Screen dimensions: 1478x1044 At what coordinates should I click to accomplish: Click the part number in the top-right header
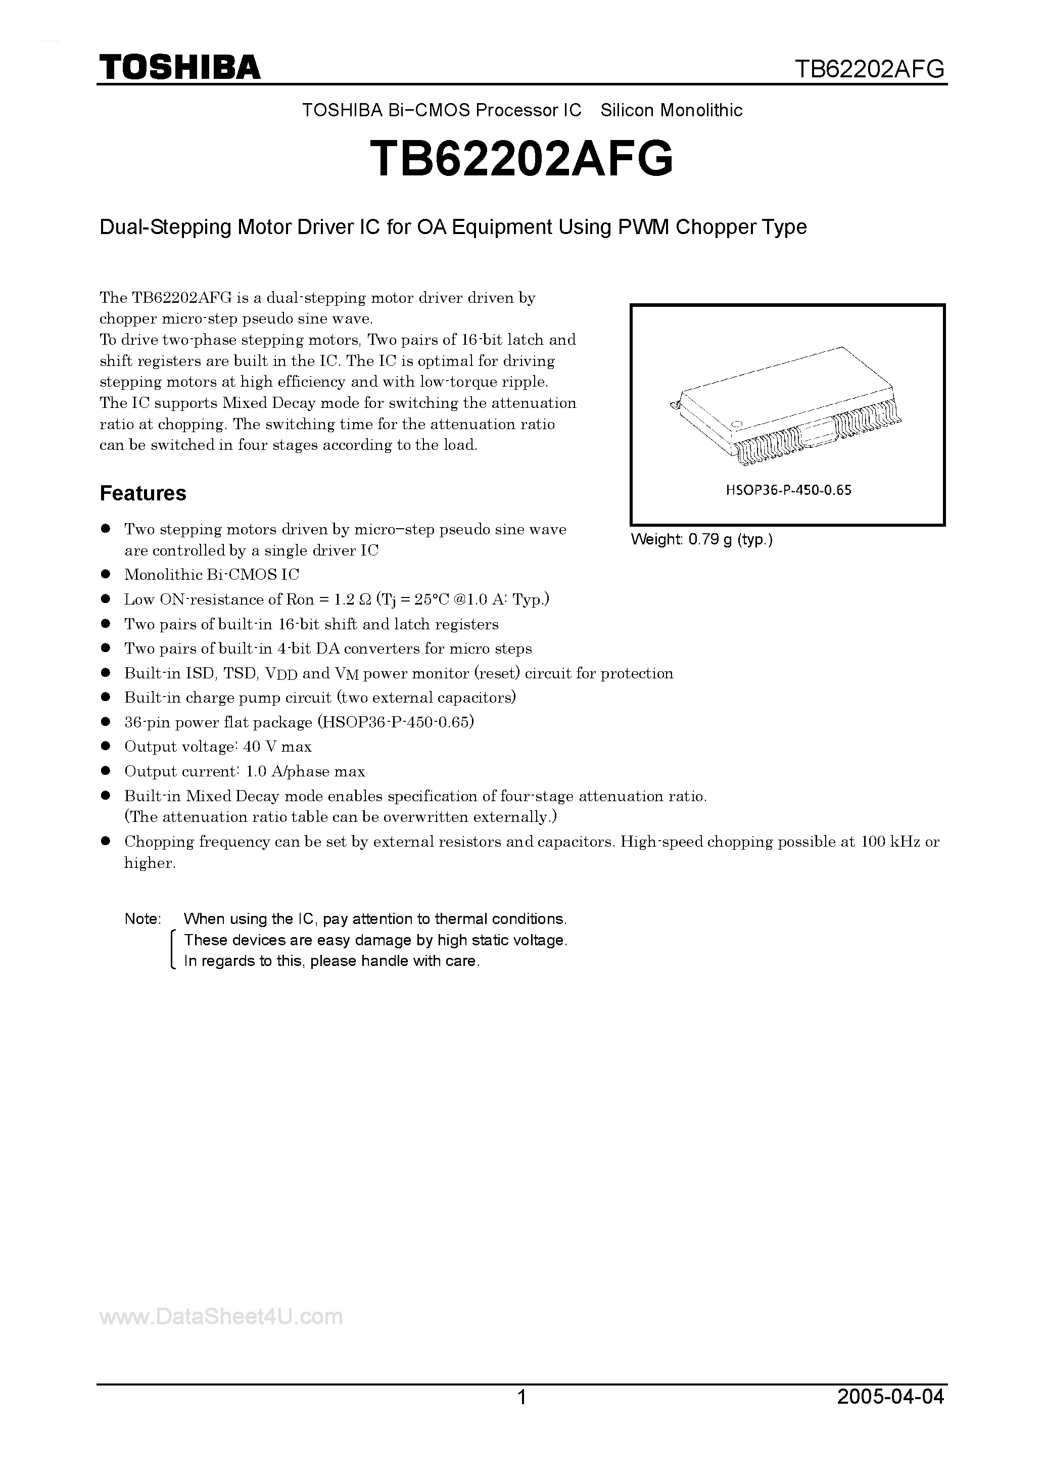(x=870, y=68)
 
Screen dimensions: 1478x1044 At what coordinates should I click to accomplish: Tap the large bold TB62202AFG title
(x=521, y=159)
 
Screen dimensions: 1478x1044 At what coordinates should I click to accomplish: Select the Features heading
(x=143, y=493)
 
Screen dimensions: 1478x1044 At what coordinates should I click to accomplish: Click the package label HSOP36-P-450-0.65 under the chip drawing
(x=788, y=490)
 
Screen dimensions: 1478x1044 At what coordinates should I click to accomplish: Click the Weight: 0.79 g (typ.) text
(x=701, y=539)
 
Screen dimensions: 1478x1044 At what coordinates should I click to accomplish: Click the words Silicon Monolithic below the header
(x=672, y=111)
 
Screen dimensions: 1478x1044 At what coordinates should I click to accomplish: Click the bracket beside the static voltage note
(x=172, y=950)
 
